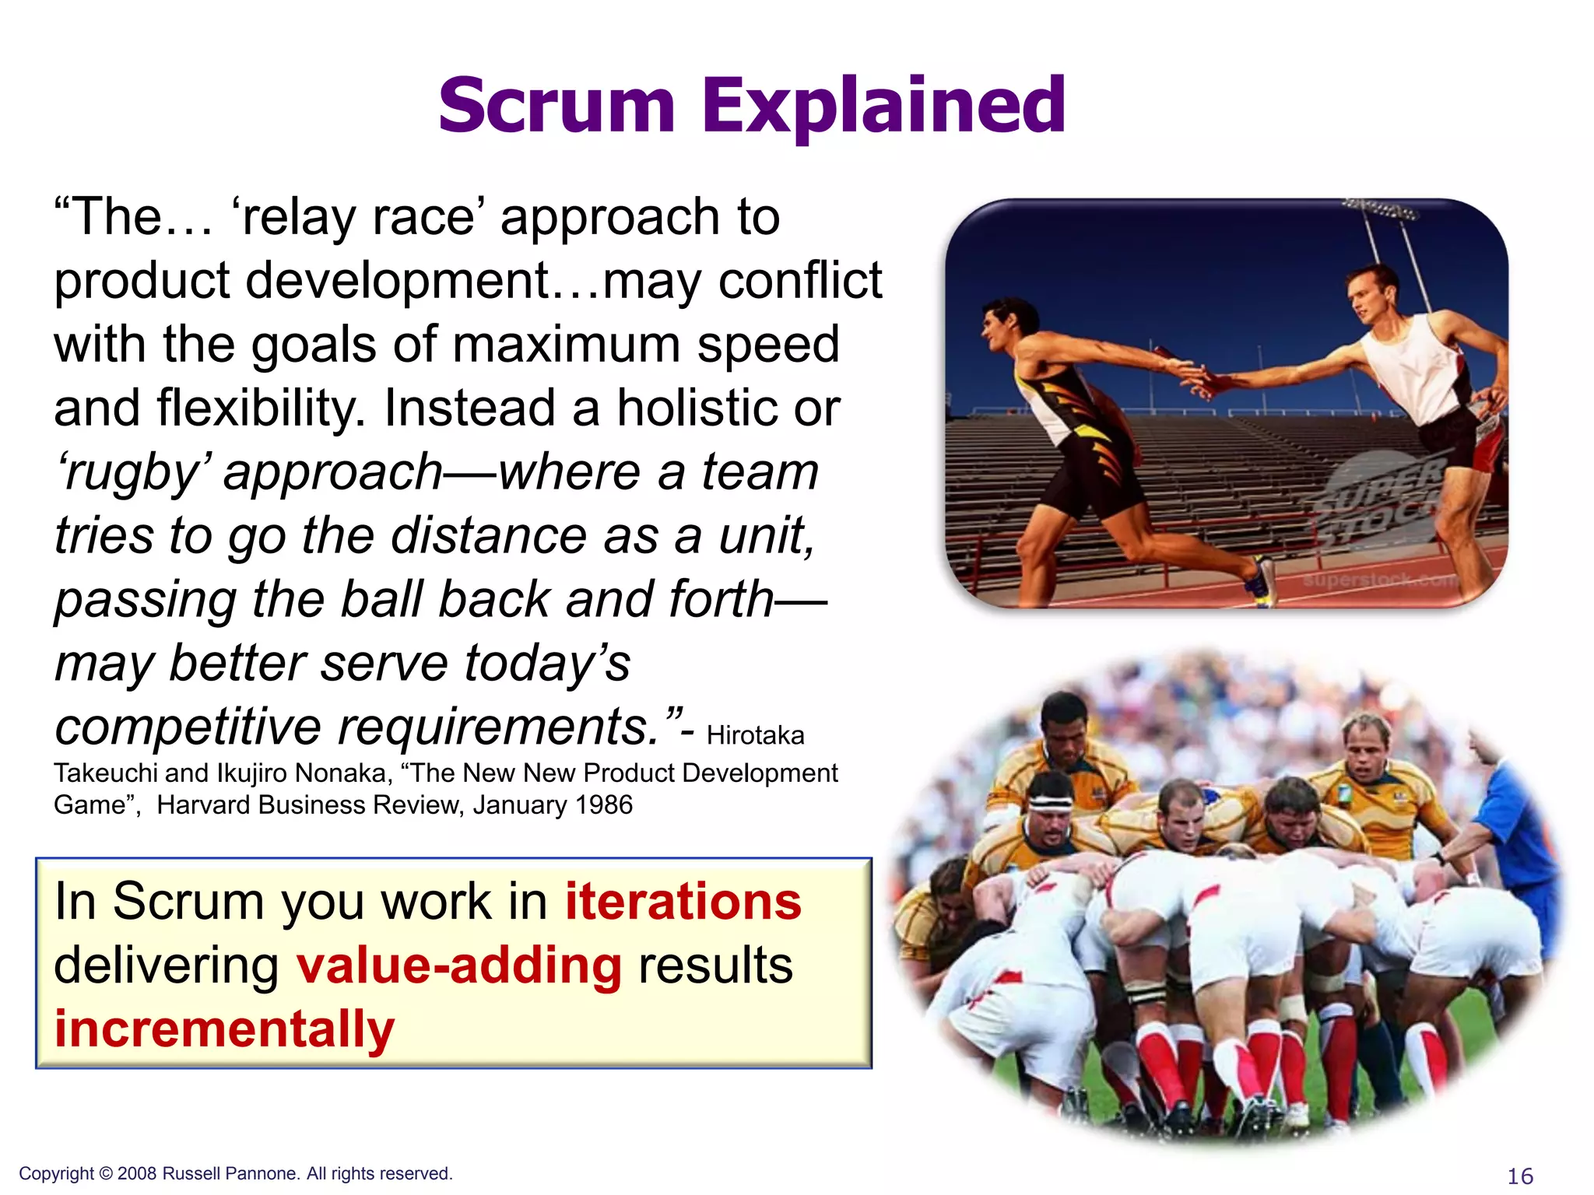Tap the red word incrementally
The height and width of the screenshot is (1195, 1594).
(224, 1029)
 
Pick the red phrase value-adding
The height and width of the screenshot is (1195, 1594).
(459, 965)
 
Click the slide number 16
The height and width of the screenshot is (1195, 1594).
(1520, 1176)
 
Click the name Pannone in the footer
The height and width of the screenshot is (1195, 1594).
(265, 1173)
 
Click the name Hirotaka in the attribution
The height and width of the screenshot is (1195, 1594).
(755, 735)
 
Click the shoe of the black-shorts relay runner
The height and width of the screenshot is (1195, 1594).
(1261, 581)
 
